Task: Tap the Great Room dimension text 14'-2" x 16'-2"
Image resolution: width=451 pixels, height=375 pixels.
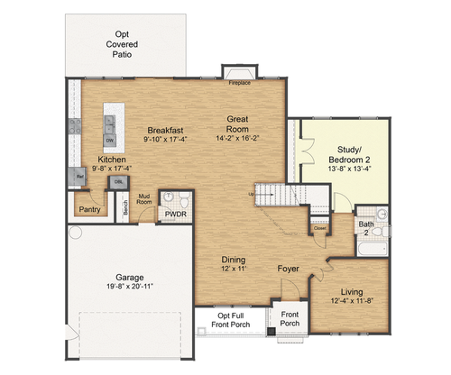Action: point(239,138)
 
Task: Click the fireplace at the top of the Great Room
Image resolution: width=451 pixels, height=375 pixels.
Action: point(239,74)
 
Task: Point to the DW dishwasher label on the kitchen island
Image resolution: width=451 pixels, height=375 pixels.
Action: point(109,141)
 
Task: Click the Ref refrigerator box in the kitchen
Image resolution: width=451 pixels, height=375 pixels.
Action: point(79,178)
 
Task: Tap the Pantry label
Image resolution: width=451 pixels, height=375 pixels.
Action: point(90,209)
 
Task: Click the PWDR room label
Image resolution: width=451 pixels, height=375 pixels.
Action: point(174,215)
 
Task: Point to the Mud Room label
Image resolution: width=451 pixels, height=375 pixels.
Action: point(143,199)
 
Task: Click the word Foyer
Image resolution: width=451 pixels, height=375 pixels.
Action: point(289,268)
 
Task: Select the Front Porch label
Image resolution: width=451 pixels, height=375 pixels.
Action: point(289,322)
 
